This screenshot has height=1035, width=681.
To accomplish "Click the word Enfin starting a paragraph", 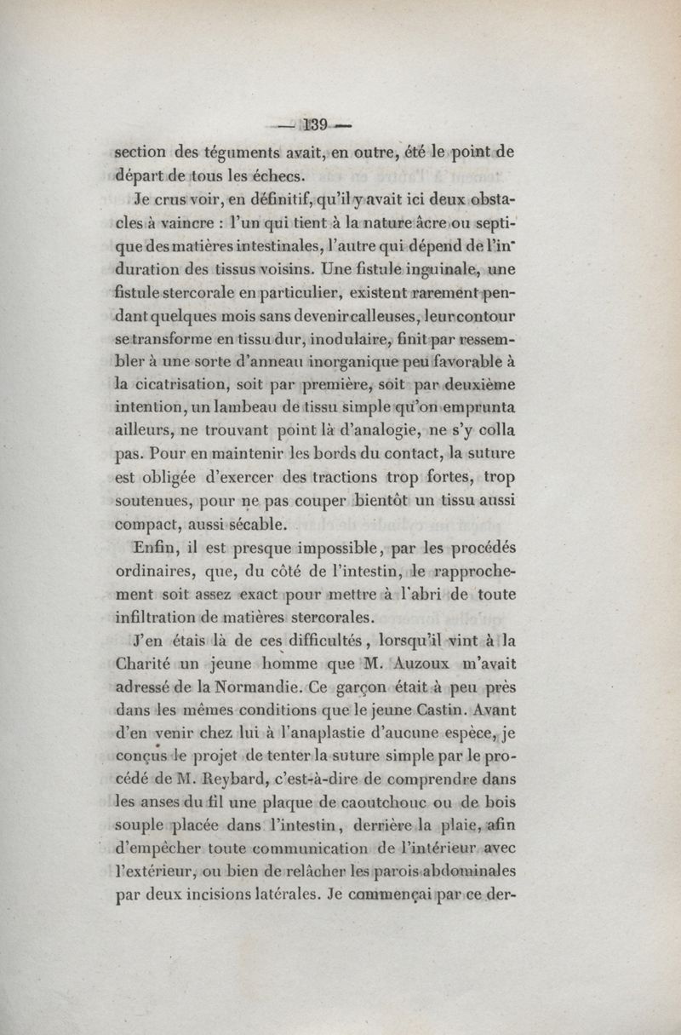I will tap(154, 547).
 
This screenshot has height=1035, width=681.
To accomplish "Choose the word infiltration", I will tap(167, 616).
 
